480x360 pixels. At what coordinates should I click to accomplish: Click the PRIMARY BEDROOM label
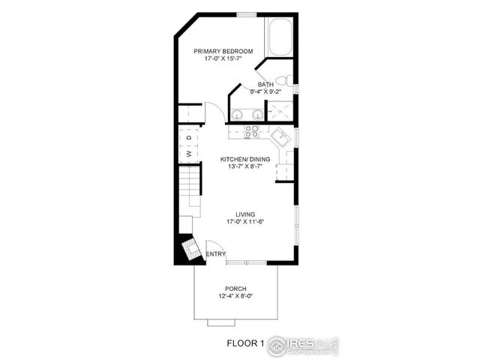(223, 51)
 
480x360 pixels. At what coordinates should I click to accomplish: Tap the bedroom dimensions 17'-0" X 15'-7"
(223, 58)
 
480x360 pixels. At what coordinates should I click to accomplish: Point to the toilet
(283, 79)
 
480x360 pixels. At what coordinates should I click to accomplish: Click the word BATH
(265, 85)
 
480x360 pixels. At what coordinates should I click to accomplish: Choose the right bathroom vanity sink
(257, 114)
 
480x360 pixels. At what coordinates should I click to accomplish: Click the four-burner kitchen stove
(252, 130)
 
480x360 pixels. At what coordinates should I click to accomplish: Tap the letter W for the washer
(189, 154)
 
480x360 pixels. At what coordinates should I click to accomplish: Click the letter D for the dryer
(189, 138)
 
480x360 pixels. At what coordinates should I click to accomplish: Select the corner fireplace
(187, 249)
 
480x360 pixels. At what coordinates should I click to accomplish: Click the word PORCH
(235, 289)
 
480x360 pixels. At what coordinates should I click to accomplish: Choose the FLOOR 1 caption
(246, 344)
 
